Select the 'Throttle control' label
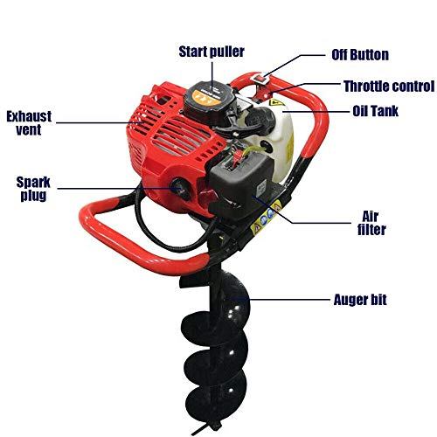click(x=387, y=86)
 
